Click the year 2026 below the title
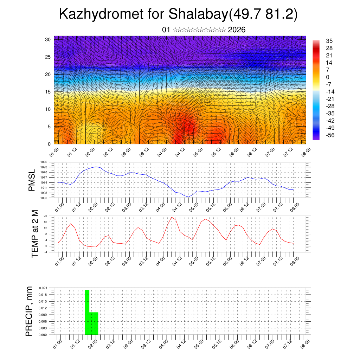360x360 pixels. (x=237, y=30)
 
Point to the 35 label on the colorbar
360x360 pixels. (x=329, y=41)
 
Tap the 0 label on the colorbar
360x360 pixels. (x=328, y=77)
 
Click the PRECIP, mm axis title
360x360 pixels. (x=30, y=311)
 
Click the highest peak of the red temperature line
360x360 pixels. (x=171, y=217)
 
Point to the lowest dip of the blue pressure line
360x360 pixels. (x=188, y=197)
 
